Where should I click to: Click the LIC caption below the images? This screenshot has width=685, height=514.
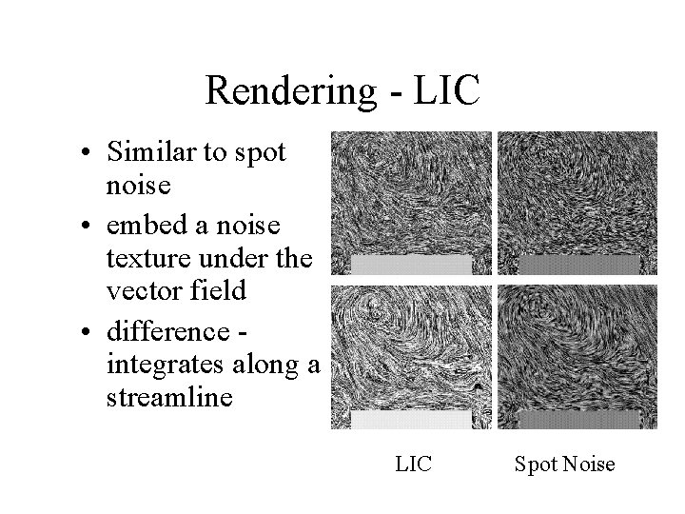(x=413, y=465)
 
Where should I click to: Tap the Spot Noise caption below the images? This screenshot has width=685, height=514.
(x=564, y=465)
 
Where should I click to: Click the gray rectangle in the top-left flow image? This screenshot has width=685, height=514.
(x=411, y=264)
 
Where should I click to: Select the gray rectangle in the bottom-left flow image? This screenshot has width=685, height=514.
(x=411, y=419)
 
